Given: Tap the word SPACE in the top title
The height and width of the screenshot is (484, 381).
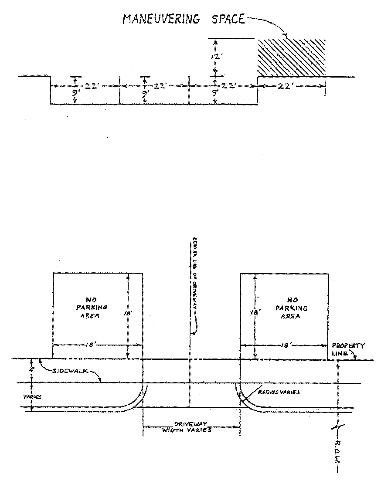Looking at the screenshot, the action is click(x=225, y=19).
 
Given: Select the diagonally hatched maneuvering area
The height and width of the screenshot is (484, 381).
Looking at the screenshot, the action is click(x=291, y=58).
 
